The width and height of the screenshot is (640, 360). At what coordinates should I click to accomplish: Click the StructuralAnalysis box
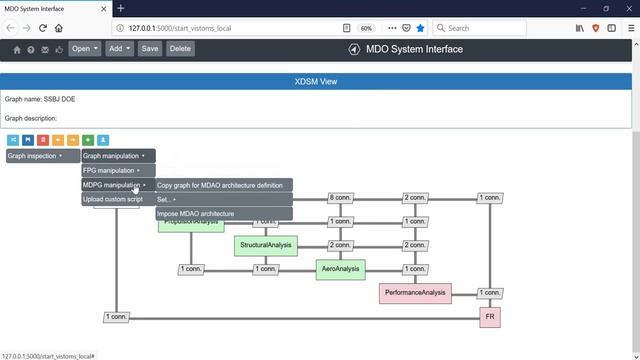tap(266, 245)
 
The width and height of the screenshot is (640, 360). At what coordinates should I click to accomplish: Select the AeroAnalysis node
tap(341, 269)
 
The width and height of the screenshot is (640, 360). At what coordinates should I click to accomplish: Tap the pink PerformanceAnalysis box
tap(415, 293)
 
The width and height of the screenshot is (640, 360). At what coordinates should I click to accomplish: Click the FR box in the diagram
tap(490, 317)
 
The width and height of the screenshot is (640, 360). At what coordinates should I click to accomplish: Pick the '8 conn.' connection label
tap(340, 198)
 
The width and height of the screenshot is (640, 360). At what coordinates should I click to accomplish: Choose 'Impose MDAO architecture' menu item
tap(196, 214)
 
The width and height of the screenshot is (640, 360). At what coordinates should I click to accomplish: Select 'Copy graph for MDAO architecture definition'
tap(220, 185)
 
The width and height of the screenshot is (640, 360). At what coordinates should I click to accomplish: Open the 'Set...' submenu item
tap(166, 200)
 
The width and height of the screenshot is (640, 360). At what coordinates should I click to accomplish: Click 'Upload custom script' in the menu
tap(112, 200)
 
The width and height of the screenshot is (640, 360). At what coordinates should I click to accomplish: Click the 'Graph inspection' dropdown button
tap(36, 156)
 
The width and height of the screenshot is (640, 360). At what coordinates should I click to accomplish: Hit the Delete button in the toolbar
tap(180, 48)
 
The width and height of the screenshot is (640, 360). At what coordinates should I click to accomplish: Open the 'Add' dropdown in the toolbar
tap(118, 48)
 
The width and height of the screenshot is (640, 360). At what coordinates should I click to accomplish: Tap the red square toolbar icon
tap(43, 140)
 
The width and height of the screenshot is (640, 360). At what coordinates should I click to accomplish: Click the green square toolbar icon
tap(88, 140)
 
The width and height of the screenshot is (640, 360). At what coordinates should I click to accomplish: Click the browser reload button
tap(43, 28)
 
